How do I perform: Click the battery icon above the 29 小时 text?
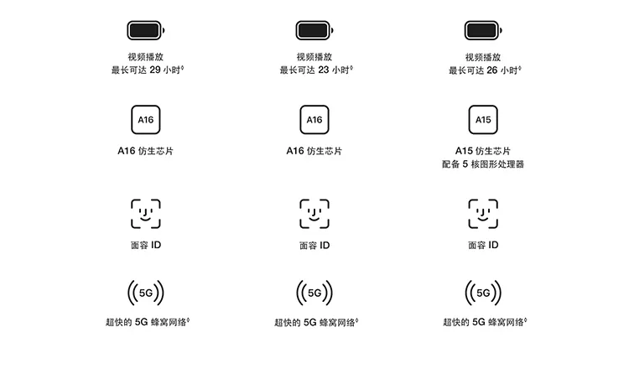(146, 30)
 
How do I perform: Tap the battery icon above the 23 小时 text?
(314, 30)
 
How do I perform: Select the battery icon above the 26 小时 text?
(483, 30)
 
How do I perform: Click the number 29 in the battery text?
(155, 70)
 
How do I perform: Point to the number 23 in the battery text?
(324, 70)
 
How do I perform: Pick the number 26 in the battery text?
(492, 70)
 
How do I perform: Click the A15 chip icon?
(483, 120)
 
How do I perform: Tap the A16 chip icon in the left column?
(146, 120)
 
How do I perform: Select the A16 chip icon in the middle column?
(314, 120)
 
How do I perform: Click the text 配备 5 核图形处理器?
(483, 164)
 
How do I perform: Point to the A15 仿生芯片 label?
(483, 151)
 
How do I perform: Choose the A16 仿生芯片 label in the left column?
(146, 151)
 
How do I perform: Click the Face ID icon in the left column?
(146, 214)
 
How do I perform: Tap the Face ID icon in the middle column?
(314, 214)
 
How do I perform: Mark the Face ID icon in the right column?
(483, 214)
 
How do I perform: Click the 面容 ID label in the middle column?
(314, 245)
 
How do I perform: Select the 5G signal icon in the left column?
(146, 293)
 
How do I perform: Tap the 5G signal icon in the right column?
(483, 293)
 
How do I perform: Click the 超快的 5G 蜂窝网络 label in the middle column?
(316, 322)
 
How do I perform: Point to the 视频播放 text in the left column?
(146, 56)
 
